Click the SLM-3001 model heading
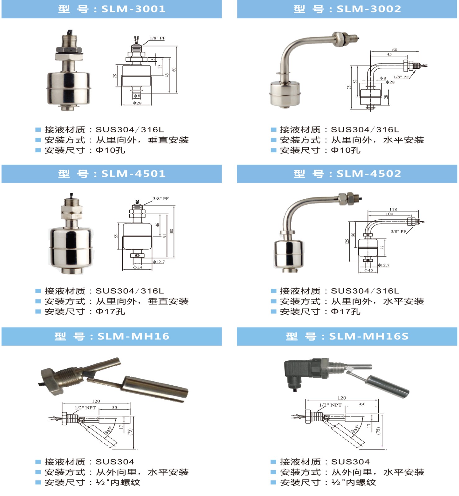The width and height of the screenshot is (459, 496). [x=112, y=9]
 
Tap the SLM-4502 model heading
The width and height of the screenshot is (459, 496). [x=347, y=174]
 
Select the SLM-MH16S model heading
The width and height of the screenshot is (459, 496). [x=347, y=336]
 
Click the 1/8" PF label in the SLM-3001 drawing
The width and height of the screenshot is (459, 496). [x=158, y=38]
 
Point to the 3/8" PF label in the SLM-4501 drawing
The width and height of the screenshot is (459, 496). [x=161, y=198]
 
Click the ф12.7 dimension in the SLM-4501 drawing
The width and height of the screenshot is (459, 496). [x=159, y=262]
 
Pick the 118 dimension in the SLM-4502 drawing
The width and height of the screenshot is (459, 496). [x=393, y=209]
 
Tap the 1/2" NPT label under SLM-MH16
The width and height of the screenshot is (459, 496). [x=85, y=408]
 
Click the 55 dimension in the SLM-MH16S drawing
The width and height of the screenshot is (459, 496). [x=362, y=405]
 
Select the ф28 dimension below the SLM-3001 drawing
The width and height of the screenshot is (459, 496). [x=137, y=103]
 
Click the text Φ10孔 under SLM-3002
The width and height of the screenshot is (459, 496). [x=346, y=150]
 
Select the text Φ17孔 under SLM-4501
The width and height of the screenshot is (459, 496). [x=110, y=312]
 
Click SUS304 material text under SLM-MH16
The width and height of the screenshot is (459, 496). [x=115, y=462]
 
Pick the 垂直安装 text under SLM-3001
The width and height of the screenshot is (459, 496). [x=168, y=140]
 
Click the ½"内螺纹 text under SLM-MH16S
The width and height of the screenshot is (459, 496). [x=353, y=482]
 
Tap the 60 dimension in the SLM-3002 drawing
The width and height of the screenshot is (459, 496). [x=395, y=50]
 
